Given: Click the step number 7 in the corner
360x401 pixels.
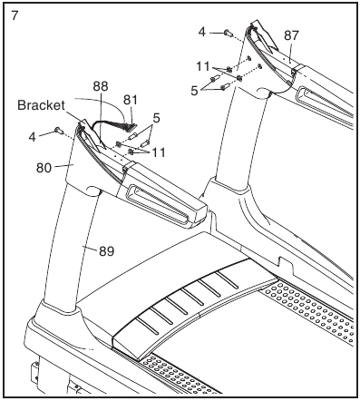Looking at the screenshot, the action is point(15,15).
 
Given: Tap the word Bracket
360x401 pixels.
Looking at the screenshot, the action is point(41,105).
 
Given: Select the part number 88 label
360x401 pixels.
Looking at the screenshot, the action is point(101,86).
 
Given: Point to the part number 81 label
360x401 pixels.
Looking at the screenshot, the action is point(131,100).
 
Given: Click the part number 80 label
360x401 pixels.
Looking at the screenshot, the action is point(44,168).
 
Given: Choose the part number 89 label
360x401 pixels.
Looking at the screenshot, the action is point(107,250).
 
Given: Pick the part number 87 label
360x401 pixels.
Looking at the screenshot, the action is point(291,35).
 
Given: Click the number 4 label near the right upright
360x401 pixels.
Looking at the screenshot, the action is point(202,32).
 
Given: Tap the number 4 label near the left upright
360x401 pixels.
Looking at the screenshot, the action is point(33,137).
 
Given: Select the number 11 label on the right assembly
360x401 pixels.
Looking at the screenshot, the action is point(203,66).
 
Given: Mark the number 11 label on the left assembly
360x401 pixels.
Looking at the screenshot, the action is point(159,152).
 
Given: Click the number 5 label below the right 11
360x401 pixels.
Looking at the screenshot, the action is point(194,91).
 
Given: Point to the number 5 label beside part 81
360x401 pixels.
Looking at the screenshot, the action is point(156,118).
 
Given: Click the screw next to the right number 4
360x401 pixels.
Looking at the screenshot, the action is point(229,34).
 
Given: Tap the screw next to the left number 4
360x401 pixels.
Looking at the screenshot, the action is point(59,131).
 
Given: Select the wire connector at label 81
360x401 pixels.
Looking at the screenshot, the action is point(131,127).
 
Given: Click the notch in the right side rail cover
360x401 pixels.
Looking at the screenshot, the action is point(287,261).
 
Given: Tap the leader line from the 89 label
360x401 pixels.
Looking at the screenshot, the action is point(90,249).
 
